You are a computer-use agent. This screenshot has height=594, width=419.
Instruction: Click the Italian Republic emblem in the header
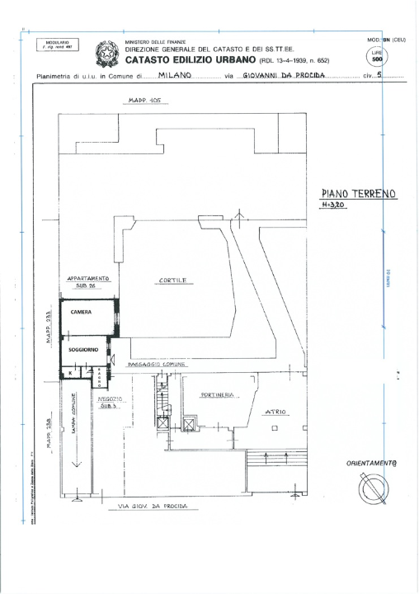107,54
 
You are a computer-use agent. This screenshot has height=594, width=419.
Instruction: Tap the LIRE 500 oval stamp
377,56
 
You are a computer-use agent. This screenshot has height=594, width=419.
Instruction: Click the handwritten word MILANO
175,74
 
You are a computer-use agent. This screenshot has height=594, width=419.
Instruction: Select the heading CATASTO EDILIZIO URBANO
191,59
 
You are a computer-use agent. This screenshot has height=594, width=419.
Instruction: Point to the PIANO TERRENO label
358,194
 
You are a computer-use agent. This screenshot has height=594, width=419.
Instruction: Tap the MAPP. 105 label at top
145,101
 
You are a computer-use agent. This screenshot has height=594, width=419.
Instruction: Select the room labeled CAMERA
82,313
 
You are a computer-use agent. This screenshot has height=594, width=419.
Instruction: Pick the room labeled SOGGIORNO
83,350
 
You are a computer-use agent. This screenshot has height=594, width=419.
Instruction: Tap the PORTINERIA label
219,395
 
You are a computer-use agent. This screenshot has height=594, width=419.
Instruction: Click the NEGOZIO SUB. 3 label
112,403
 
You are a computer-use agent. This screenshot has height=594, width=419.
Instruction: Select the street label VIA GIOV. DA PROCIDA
153,506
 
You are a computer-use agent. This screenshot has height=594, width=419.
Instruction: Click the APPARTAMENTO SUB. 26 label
89,282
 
